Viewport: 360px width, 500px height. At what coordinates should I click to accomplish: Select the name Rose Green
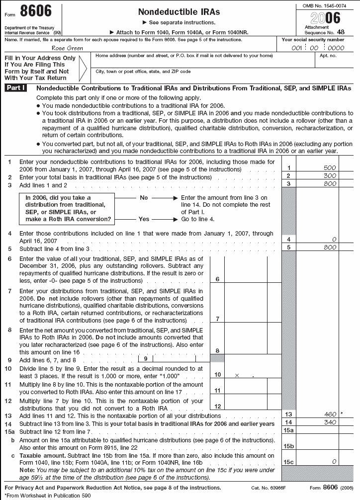click(x=68, y=48)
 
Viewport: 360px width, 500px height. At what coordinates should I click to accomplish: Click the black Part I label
click(x=19, y=88)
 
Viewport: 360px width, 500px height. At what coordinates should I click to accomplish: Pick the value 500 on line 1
click(x=330, y=168)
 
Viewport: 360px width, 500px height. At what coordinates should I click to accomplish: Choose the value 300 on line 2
click(x=330, y=176)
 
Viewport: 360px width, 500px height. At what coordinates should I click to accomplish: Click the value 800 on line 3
click(x=330, y=184)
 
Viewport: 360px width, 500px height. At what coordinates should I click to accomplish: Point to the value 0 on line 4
click(x=334, y=239)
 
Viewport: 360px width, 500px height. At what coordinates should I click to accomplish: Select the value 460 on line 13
click(x=330, y=414)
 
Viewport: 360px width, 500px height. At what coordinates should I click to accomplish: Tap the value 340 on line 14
click(x=330, y=422)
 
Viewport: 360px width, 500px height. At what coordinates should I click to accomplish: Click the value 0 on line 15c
click(x=334, y=462)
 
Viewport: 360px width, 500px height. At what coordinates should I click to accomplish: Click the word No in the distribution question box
click(x=144, y=198)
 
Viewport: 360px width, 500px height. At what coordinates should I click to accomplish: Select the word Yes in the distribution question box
click(x=144, y=219)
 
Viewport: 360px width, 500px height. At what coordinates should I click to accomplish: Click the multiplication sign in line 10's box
click(x=237, y=376)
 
